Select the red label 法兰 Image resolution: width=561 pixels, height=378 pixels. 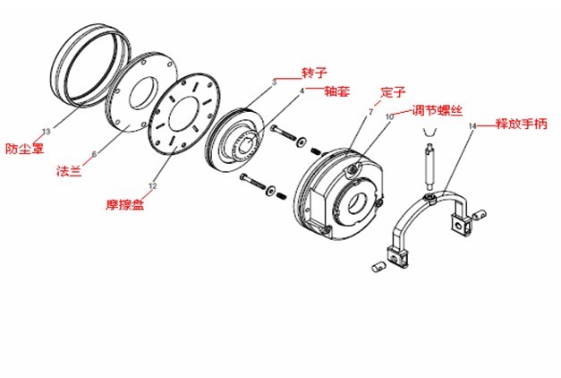69,170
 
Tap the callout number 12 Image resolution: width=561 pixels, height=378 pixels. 152,185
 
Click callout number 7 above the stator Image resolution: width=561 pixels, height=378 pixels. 369,111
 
